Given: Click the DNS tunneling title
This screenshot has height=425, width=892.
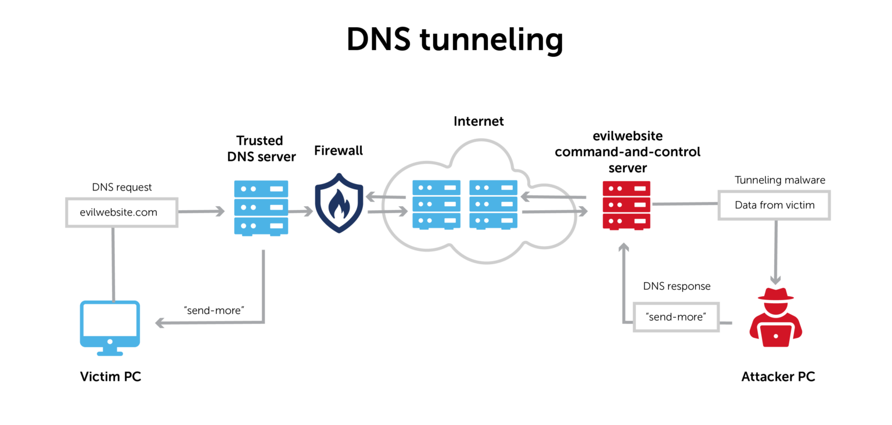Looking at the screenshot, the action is pos(455,40).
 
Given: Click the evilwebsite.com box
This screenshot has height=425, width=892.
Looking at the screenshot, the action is pos(122,212).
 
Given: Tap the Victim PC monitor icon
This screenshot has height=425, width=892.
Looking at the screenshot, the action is pos(110,328).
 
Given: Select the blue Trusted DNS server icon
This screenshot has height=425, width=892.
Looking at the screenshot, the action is pos(261,208).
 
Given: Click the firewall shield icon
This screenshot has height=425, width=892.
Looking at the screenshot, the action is pos(339,203).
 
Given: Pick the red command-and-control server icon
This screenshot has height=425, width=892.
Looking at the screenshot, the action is pos(627,206).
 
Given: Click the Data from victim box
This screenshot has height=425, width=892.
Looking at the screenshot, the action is pos(774,206).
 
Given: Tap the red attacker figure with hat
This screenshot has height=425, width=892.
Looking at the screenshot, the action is pos(776,317).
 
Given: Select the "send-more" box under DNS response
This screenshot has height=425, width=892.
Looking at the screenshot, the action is pos(676,317).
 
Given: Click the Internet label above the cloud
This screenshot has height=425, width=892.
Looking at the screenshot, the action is pos(479,121).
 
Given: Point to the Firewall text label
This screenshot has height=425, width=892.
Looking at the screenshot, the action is pos(339,151).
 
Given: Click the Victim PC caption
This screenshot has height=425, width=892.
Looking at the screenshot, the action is pos(111,376).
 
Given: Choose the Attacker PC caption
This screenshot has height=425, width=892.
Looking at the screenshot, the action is pos(778,376).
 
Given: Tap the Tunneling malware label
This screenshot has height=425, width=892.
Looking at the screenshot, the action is pos(780,180).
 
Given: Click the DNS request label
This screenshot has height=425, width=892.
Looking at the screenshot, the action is pos(122,187).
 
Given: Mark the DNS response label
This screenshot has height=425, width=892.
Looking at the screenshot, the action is pos(677,286).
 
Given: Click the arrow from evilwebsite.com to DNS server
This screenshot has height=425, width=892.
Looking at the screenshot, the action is pos(202,211).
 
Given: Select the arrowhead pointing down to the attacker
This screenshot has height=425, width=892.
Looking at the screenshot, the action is pos(775,280).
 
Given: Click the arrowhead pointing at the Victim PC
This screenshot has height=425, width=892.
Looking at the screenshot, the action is pos(160,323).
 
